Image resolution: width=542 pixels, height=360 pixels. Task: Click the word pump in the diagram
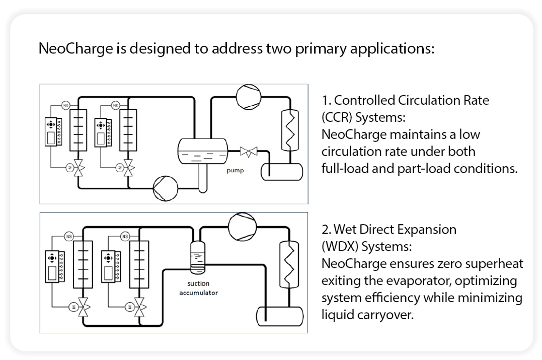[x=235, y=170]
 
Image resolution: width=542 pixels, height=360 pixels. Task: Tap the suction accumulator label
[x=199, y=288]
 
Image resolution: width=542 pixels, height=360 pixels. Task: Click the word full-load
[x=343, y=168]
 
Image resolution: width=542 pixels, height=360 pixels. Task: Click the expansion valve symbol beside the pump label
[x=248, y=151]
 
